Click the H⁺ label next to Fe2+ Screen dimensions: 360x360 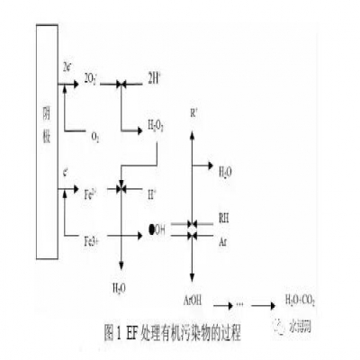(150, 193)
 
